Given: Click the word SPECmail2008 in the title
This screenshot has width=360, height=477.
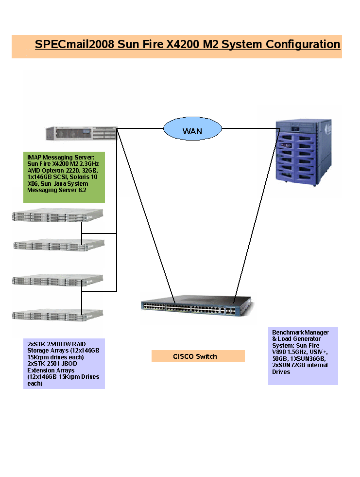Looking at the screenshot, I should pyautogui.click(x=74, y=44).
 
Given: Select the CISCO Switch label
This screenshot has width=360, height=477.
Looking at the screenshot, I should pyautogui.click(x=198, y=356).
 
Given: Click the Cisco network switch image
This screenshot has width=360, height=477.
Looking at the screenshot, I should pyautogui.click(x=197, y=307).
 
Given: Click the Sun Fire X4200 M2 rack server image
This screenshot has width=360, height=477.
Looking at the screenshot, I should pyautogui.click(x=81, y=133).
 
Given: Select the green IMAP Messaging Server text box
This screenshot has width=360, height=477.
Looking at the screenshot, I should pyautogui.click(x=64, y=177).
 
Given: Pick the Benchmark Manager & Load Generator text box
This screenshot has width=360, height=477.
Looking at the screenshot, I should pyautogui.click(x=303, y=355).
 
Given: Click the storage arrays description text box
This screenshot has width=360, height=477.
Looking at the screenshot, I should pyautogui.click(x=64, y=363).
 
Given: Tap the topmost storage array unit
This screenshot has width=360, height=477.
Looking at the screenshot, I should pyautogui.click(x=58, y=215).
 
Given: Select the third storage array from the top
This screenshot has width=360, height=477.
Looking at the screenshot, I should pyautogui.click(x=58, y=281).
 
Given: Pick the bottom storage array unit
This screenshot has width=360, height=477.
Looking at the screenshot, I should pyautogui.click(x=58, y=315).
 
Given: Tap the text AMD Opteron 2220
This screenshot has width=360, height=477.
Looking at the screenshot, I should pyautogui.click(x=53, y=171).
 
